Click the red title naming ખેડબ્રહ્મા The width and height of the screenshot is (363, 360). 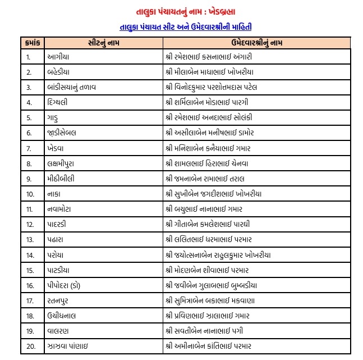pyautogui.click(x=181, y=11)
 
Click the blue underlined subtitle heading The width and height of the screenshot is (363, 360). pyautogui.click(x=181, y=26)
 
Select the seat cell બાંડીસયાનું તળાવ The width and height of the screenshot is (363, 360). pyautogui.click(x=72, y=87)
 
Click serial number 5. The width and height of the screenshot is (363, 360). pyautogui.click(x=28, y=117)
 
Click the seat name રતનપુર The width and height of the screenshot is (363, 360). pyautogui.click(x=60, y=300)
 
